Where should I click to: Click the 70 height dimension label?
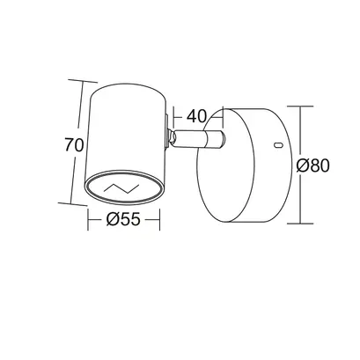(x=75, y=144)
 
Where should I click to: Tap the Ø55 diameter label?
(x=123, y=219)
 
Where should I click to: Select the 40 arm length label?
(x=197, y=116)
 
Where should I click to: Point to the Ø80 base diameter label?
(x=312, y=165)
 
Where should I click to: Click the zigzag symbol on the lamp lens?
(x=121, y=187)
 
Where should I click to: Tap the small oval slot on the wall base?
(x=278, y=144)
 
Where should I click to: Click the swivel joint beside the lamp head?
(x=171, y=138)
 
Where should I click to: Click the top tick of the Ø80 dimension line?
(x=300, y=107)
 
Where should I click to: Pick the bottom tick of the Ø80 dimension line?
(x=300, y=224)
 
